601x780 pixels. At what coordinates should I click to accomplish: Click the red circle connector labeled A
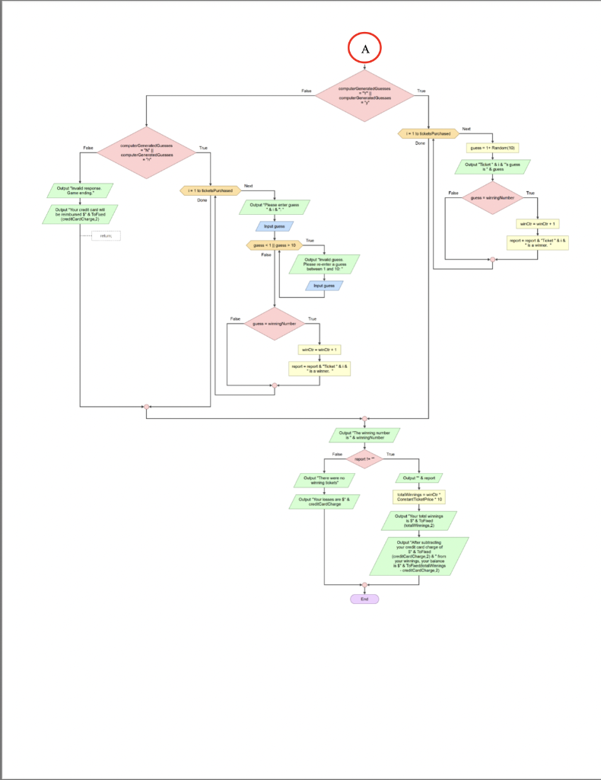[x=364, y=48]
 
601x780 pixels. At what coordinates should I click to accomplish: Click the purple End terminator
[x=364, y=599]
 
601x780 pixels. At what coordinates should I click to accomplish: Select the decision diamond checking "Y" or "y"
[x=364, y=95]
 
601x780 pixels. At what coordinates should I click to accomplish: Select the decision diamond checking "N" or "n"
[x=145, y=152]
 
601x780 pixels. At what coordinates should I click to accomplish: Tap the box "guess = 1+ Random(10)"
[x=493, y=148]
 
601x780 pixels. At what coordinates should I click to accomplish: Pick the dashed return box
[x=106, y=235]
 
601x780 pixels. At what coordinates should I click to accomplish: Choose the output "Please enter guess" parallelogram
[x=275, y=206]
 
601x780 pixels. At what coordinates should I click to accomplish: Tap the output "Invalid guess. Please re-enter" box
[x=325, y=264]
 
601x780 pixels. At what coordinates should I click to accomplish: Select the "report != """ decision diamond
[x=364, y=459]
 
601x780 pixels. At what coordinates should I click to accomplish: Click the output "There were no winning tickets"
[x=325, y=480]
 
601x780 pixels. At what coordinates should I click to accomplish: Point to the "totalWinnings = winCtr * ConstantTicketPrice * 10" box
[x=419, y=497]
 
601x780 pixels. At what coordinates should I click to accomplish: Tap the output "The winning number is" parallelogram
[x=364, y=435]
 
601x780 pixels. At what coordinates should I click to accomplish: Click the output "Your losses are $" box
[x=325, y=501]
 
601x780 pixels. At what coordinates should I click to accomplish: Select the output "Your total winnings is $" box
[x=419, y=520]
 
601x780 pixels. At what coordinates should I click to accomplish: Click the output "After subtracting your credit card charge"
[x=419, y=556]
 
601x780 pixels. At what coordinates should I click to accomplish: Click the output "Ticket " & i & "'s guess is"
[x=493, y=166]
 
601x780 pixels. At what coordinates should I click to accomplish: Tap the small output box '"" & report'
[x=419, y=478]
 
